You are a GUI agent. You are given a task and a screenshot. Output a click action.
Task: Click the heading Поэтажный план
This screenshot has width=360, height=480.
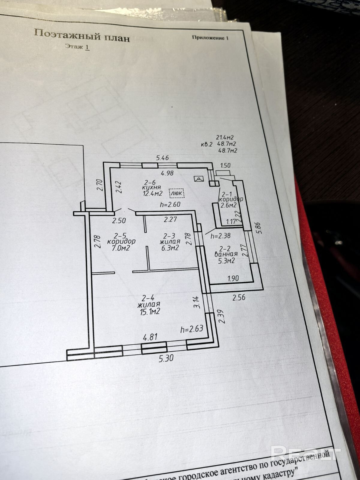tap(82, 35)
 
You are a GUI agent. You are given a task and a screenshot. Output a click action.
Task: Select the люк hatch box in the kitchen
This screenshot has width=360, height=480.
tap(177, 193)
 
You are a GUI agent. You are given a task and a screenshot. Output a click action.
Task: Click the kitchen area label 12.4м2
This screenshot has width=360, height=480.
tap(153, 193)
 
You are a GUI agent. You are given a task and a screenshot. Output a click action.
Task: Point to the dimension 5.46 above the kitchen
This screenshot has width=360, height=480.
tap(163, 157)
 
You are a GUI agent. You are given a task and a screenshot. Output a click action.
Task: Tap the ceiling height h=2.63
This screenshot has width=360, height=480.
tap(192, 329)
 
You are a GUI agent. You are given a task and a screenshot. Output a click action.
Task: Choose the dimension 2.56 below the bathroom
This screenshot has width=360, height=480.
tap(239, 297)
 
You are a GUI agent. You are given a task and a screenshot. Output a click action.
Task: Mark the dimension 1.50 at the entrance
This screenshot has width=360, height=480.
tap(225, 166)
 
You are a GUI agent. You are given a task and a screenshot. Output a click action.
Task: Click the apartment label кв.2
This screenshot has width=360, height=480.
tap(207, 144)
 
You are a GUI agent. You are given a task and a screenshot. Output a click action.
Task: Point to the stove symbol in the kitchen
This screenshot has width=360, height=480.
tap(199, 179)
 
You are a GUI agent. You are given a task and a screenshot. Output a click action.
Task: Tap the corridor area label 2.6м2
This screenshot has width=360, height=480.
tap(229, 205)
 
